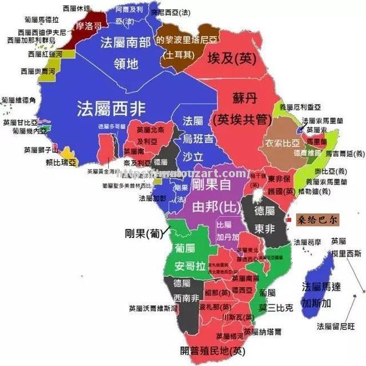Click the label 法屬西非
pyautogui.click(x=112, y=107)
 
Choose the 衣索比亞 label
pyautogui.click(x=281, y=142)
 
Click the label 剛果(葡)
pyautogui.click(x=143, y=233)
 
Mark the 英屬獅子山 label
pyautogui.click(x=41, y=151)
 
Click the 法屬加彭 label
pyautogui.click(x=153, y=198)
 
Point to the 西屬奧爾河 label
pyautogui.click(x=38, y=72)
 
